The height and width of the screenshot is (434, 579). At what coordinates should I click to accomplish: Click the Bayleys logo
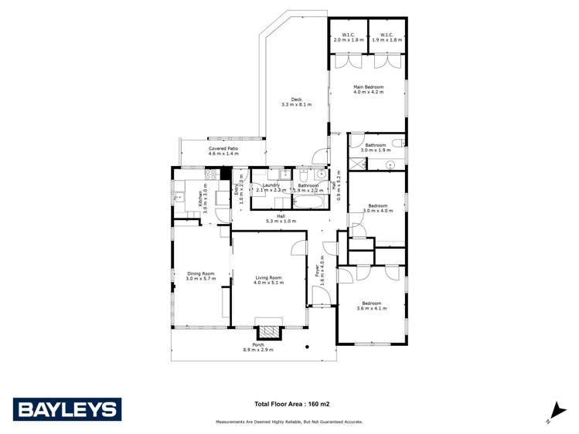[x=66, y=409]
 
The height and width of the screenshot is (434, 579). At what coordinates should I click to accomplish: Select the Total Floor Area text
[x=298, y=403]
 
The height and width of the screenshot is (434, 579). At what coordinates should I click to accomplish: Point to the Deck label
[x=296, y=101]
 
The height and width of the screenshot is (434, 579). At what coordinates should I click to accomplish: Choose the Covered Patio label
[x=223, y=151]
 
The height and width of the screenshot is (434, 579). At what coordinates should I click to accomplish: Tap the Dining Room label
[x=199, y=275]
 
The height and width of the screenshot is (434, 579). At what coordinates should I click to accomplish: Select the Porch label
[x=258, y=348]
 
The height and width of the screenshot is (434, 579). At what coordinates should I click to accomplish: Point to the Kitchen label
[x=204, y=198]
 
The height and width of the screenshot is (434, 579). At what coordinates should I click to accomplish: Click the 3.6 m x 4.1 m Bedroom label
[x=371, y=306]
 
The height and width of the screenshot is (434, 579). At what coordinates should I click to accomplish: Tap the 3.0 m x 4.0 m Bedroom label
[x=379, y=209]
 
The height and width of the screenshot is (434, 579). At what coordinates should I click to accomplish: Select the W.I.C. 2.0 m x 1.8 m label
[x=348, y=36]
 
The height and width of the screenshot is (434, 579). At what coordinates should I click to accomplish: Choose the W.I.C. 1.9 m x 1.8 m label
[x=387, y=36]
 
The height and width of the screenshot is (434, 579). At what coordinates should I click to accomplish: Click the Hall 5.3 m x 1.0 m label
[x=270, y=219]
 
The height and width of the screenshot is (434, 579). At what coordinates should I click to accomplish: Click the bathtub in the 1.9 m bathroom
[x=308, y=202]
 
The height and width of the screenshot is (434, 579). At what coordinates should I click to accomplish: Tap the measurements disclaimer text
[x=289, y=422]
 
